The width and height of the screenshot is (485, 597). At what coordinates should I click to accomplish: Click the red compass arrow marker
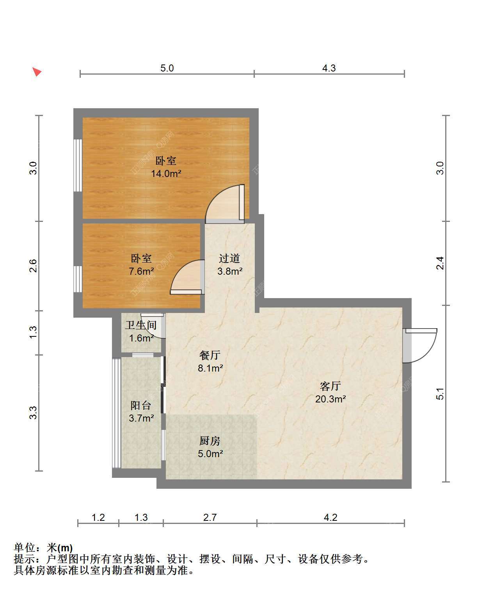37,71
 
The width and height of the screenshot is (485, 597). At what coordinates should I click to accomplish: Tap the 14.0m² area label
166,174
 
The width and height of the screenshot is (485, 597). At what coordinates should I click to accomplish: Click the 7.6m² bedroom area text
141,271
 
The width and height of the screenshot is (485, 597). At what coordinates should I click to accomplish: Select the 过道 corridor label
229,258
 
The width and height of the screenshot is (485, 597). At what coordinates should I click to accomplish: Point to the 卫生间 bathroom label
141,325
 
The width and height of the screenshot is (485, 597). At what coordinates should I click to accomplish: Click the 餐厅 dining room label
210,356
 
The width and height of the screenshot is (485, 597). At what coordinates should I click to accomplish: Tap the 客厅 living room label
330,386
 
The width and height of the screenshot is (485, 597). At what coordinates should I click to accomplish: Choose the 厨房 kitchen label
210,441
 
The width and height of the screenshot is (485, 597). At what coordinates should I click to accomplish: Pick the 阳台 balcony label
141,406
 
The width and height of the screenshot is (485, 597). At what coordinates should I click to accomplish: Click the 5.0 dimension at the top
167,68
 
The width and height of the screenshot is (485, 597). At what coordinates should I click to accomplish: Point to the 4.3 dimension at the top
329,68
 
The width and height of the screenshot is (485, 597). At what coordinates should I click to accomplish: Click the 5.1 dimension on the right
440,394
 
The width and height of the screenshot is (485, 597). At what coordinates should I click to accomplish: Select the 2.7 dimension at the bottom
210,517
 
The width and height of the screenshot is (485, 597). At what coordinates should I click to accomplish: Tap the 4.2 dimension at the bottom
330,517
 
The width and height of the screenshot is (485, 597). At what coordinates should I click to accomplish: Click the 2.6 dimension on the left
33,265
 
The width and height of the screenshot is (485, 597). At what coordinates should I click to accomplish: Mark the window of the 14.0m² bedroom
78,165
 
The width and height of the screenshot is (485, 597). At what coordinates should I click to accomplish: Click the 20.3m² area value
330,399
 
